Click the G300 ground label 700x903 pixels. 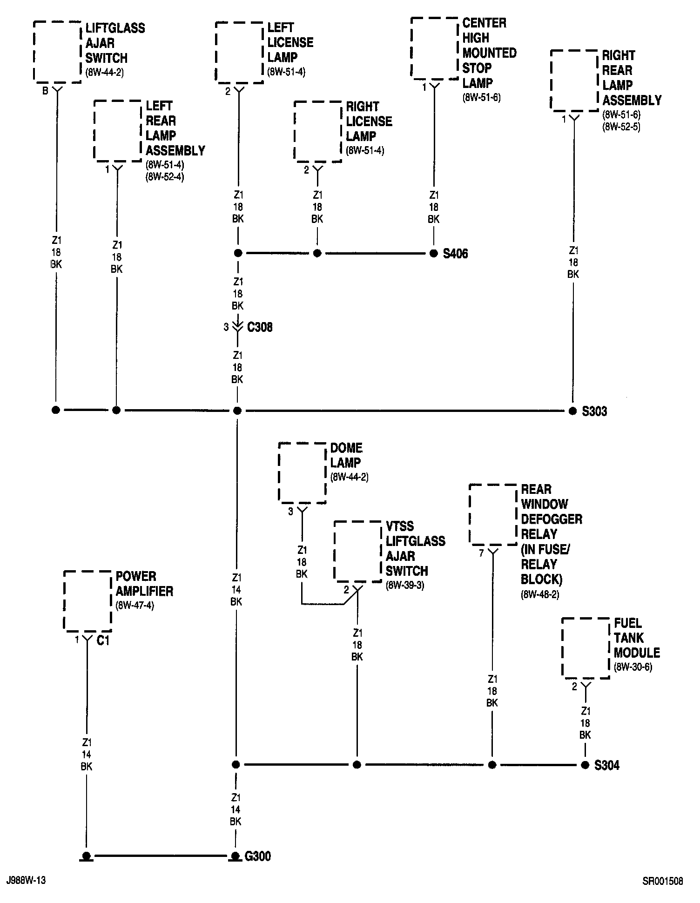[258, 856]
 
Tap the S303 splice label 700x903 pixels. [594, 411]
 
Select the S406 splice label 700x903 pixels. [455, 254]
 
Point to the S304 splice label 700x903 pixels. [607, 765]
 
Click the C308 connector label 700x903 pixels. [260, 327]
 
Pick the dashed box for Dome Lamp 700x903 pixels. [302, 472]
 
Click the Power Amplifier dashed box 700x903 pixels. [87, 600]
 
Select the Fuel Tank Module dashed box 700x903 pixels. [586, 647]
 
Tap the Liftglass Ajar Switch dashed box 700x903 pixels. [57, 51]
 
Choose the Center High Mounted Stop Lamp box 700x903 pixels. [434, 47]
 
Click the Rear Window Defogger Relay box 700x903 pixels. [493, 514]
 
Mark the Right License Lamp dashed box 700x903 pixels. [317, 132]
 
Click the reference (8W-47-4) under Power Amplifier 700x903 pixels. [135, 606]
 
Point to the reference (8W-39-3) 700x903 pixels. [404, 586]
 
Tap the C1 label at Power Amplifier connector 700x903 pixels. [103, 641]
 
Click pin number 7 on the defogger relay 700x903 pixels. [481, 553]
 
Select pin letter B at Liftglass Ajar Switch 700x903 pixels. [45, 91]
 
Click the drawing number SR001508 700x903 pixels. [663, 881]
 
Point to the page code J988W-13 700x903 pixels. [26, 881]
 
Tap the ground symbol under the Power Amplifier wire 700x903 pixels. [86, 856]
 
